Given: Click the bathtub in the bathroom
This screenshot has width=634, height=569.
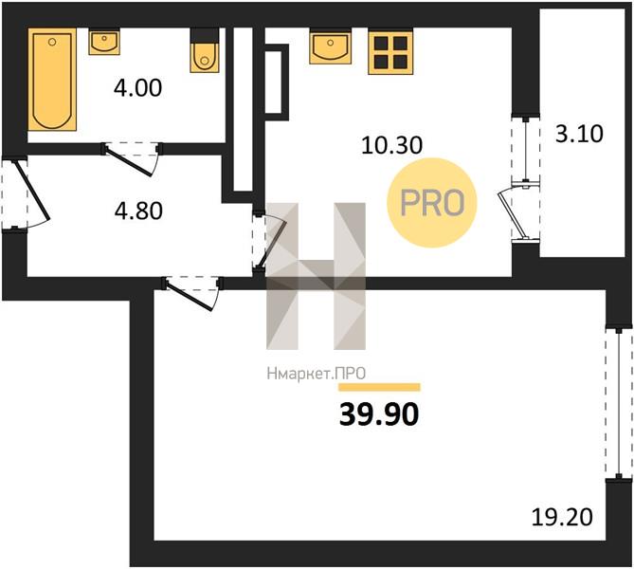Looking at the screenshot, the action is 52,80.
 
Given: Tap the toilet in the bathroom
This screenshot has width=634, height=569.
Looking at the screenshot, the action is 205,50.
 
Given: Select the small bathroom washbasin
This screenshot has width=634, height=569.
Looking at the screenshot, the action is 104,42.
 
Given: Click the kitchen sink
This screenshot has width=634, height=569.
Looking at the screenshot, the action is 331,46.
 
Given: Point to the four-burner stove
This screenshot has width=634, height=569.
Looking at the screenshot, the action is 390,52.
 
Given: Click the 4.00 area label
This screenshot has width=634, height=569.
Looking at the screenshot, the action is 137,88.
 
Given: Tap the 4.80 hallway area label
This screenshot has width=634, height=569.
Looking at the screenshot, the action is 138,211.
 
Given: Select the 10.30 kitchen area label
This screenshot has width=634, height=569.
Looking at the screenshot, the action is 391,145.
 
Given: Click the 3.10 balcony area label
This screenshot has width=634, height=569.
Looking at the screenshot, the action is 579,134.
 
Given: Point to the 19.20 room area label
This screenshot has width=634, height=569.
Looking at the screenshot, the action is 562,517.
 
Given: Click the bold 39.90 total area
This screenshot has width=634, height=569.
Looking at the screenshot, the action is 379,414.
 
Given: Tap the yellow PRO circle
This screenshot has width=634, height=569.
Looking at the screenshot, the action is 432,202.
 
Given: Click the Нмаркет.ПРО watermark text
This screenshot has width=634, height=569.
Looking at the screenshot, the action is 317,373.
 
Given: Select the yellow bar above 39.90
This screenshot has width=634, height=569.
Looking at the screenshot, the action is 379,387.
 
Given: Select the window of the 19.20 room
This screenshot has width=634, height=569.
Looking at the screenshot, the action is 619,403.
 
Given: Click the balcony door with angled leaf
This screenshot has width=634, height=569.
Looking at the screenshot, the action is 519,212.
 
